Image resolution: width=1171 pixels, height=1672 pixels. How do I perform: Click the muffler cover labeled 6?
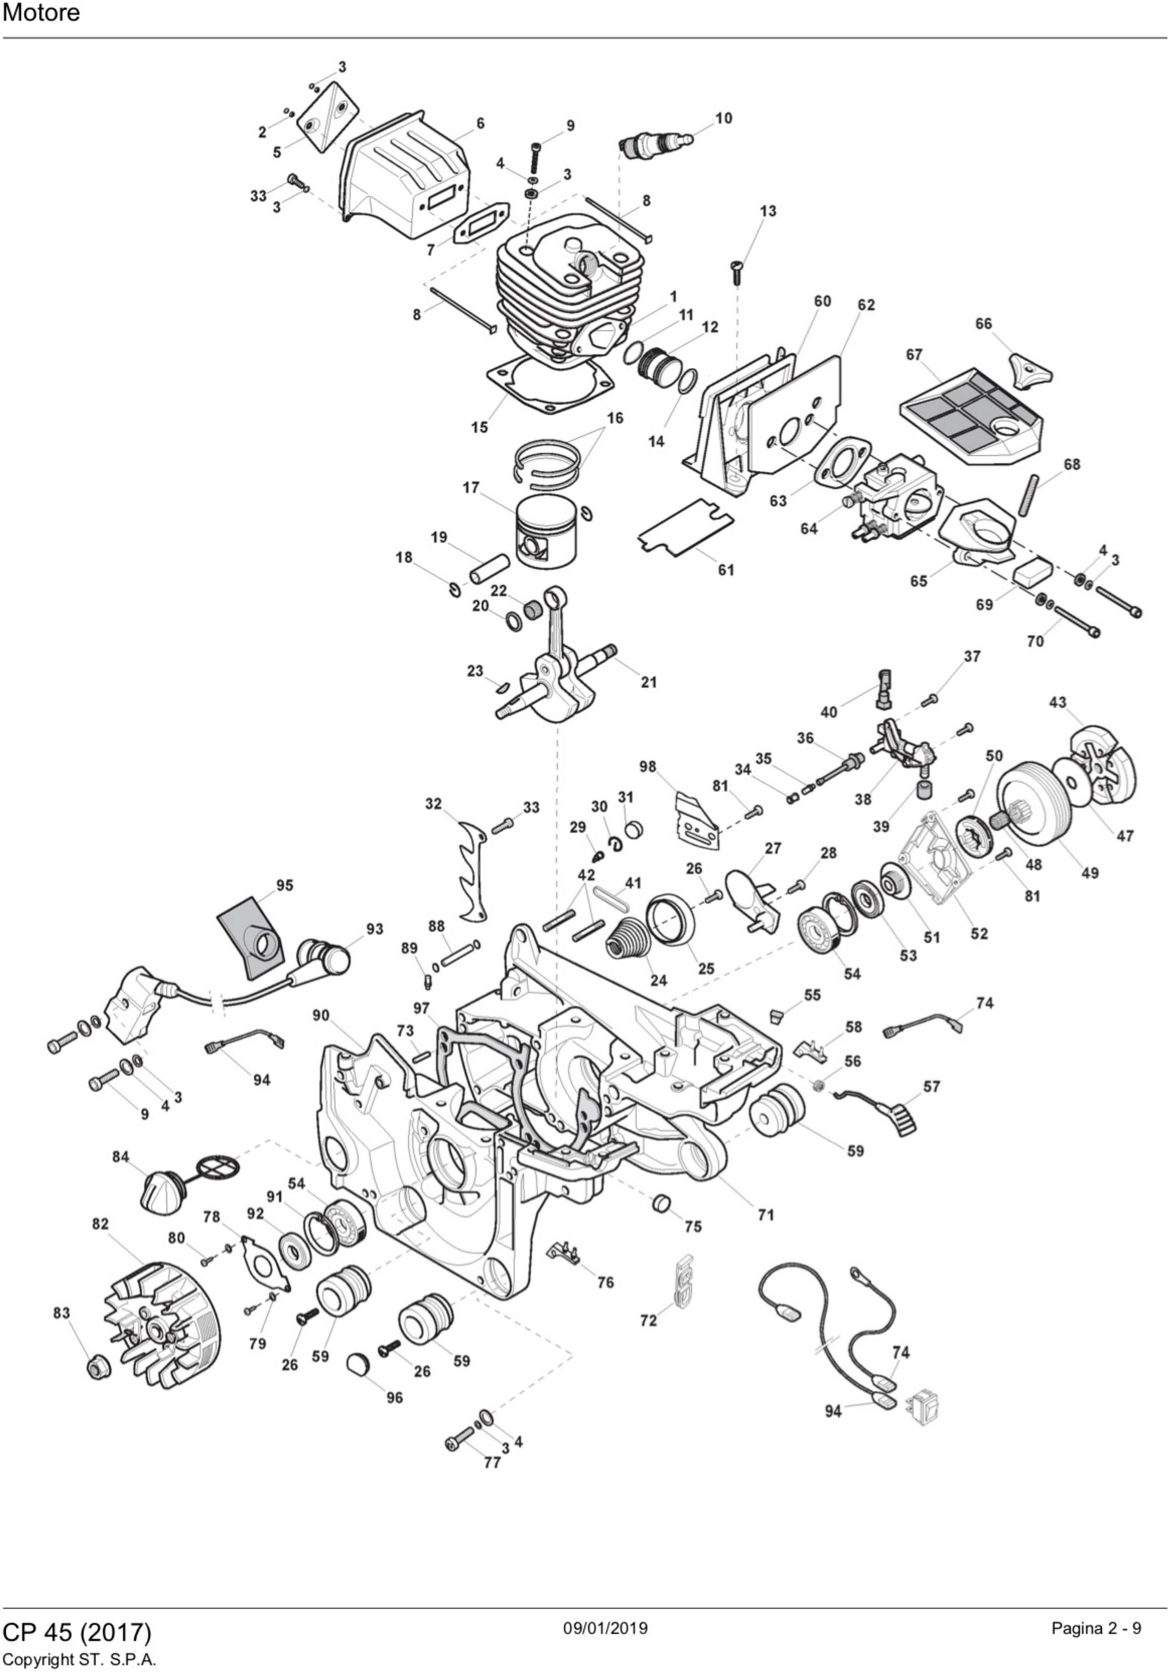pos(405,178)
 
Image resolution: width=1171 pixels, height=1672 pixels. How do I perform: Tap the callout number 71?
pos(766,1215)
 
